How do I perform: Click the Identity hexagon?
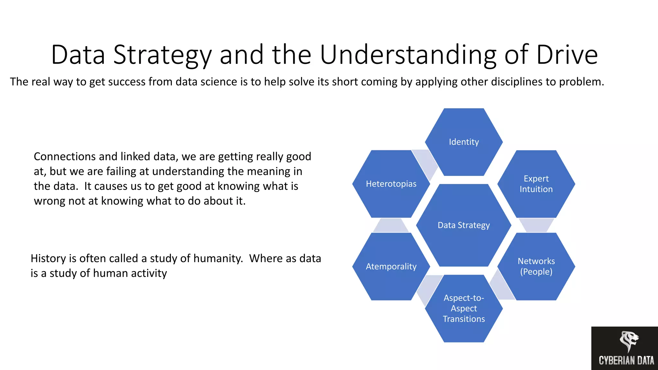tap(464, 142)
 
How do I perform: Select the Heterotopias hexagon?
tap(391, 184)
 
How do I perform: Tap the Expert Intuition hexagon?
tap(536, 184)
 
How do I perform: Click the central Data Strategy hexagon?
tap(464, 225)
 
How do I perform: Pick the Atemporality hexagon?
tap(391, 267)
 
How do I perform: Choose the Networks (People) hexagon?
tap(536, 267)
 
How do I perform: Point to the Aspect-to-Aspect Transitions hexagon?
tap(464, 308)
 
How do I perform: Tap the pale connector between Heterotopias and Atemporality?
tap(390, 226)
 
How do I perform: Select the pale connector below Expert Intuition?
tap(536, 225)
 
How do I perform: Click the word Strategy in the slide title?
tap(162, 55)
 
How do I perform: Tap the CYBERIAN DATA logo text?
tap(626, 360)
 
